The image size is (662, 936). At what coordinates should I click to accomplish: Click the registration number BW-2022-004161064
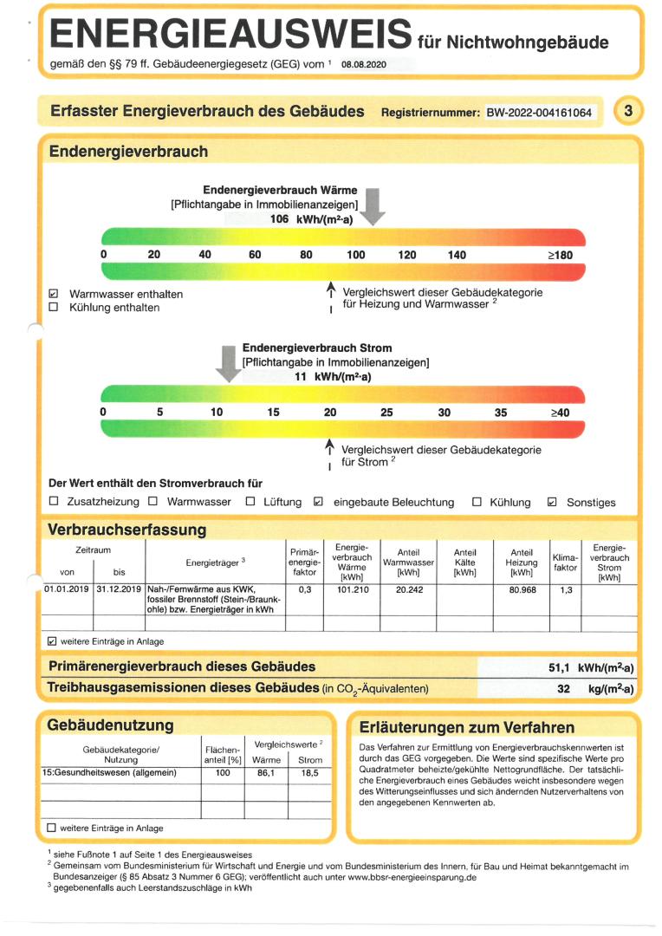pyautogui.click(x=540, y=113)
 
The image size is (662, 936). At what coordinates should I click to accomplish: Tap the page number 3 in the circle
pyautogui.click(x=628, y=111)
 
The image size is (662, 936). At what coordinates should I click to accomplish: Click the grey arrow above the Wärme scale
pyautogui.click(x=373, y=205)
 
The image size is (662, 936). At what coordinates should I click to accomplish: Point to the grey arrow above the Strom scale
pyautogui.click(x=229, y=362)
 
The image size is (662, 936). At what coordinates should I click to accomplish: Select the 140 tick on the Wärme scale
pyautogui.click(x=457, y=255)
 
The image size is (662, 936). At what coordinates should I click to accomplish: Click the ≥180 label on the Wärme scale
pyautogui.click(x=560, y=255)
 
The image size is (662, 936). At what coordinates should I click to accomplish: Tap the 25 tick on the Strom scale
pyautogui.click(x=387, y=413)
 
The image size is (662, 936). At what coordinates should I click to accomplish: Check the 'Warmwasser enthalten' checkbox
pyautogui.click(x=54, y=294)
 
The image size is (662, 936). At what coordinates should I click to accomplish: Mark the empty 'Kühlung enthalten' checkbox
pyautogui.click(x=54, y=307)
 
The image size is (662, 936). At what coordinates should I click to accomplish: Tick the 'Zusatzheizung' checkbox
pyautogui.click(x=54, y=501)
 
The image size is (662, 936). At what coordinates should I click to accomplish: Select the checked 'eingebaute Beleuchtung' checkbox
pyautogui.click(x=318, y=501)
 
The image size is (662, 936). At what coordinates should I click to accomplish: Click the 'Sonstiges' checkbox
pyautogui.click(x=552, y=501)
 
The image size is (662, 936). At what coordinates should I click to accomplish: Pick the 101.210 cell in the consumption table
pyautogui.click(x=353, y=588)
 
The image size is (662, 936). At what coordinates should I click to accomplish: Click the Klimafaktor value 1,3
pyautogui.click(x=565, y=588)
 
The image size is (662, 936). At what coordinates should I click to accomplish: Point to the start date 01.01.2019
pyautogui.click(x=67, y=588)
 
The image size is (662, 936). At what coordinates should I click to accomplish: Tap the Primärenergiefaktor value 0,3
pyautogui.click(x=304, y=588)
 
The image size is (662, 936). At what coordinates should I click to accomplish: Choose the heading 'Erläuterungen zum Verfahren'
pyautogui.click(x=466, y=727)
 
